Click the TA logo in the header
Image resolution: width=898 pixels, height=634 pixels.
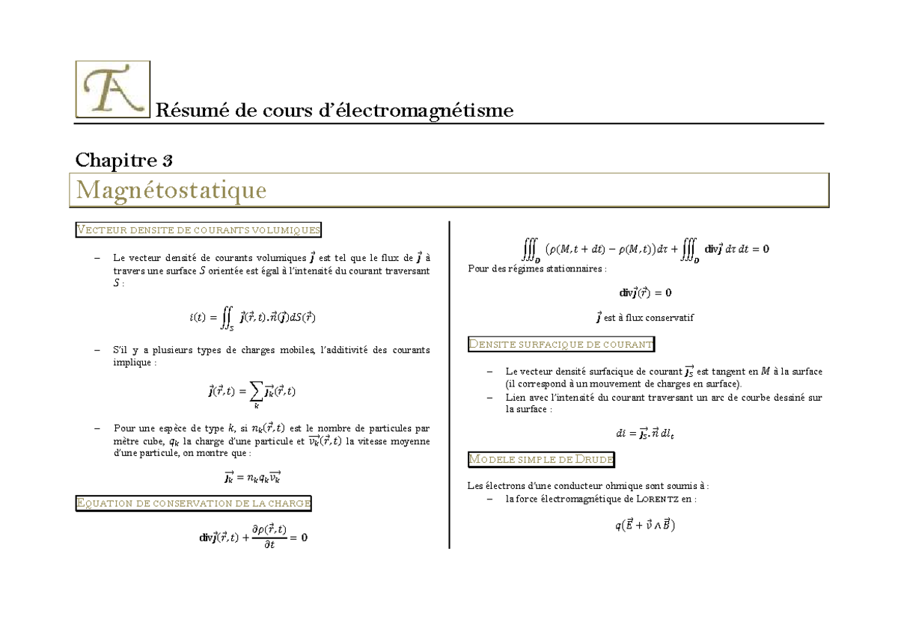(112, 90)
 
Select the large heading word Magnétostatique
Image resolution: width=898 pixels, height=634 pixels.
(171, 191)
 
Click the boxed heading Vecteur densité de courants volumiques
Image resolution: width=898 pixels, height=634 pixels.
(198, 230)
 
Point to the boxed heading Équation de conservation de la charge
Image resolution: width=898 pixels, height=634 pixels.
(194, 503)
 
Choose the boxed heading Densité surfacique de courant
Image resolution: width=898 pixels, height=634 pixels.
(561, 344)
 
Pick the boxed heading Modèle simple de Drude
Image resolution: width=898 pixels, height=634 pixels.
(541, 459)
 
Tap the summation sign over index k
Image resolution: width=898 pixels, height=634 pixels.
(256, 390)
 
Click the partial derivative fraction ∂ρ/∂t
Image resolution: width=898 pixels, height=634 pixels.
(269, 537)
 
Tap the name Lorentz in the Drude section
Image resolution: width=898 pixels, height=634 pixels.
(661, 499)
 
